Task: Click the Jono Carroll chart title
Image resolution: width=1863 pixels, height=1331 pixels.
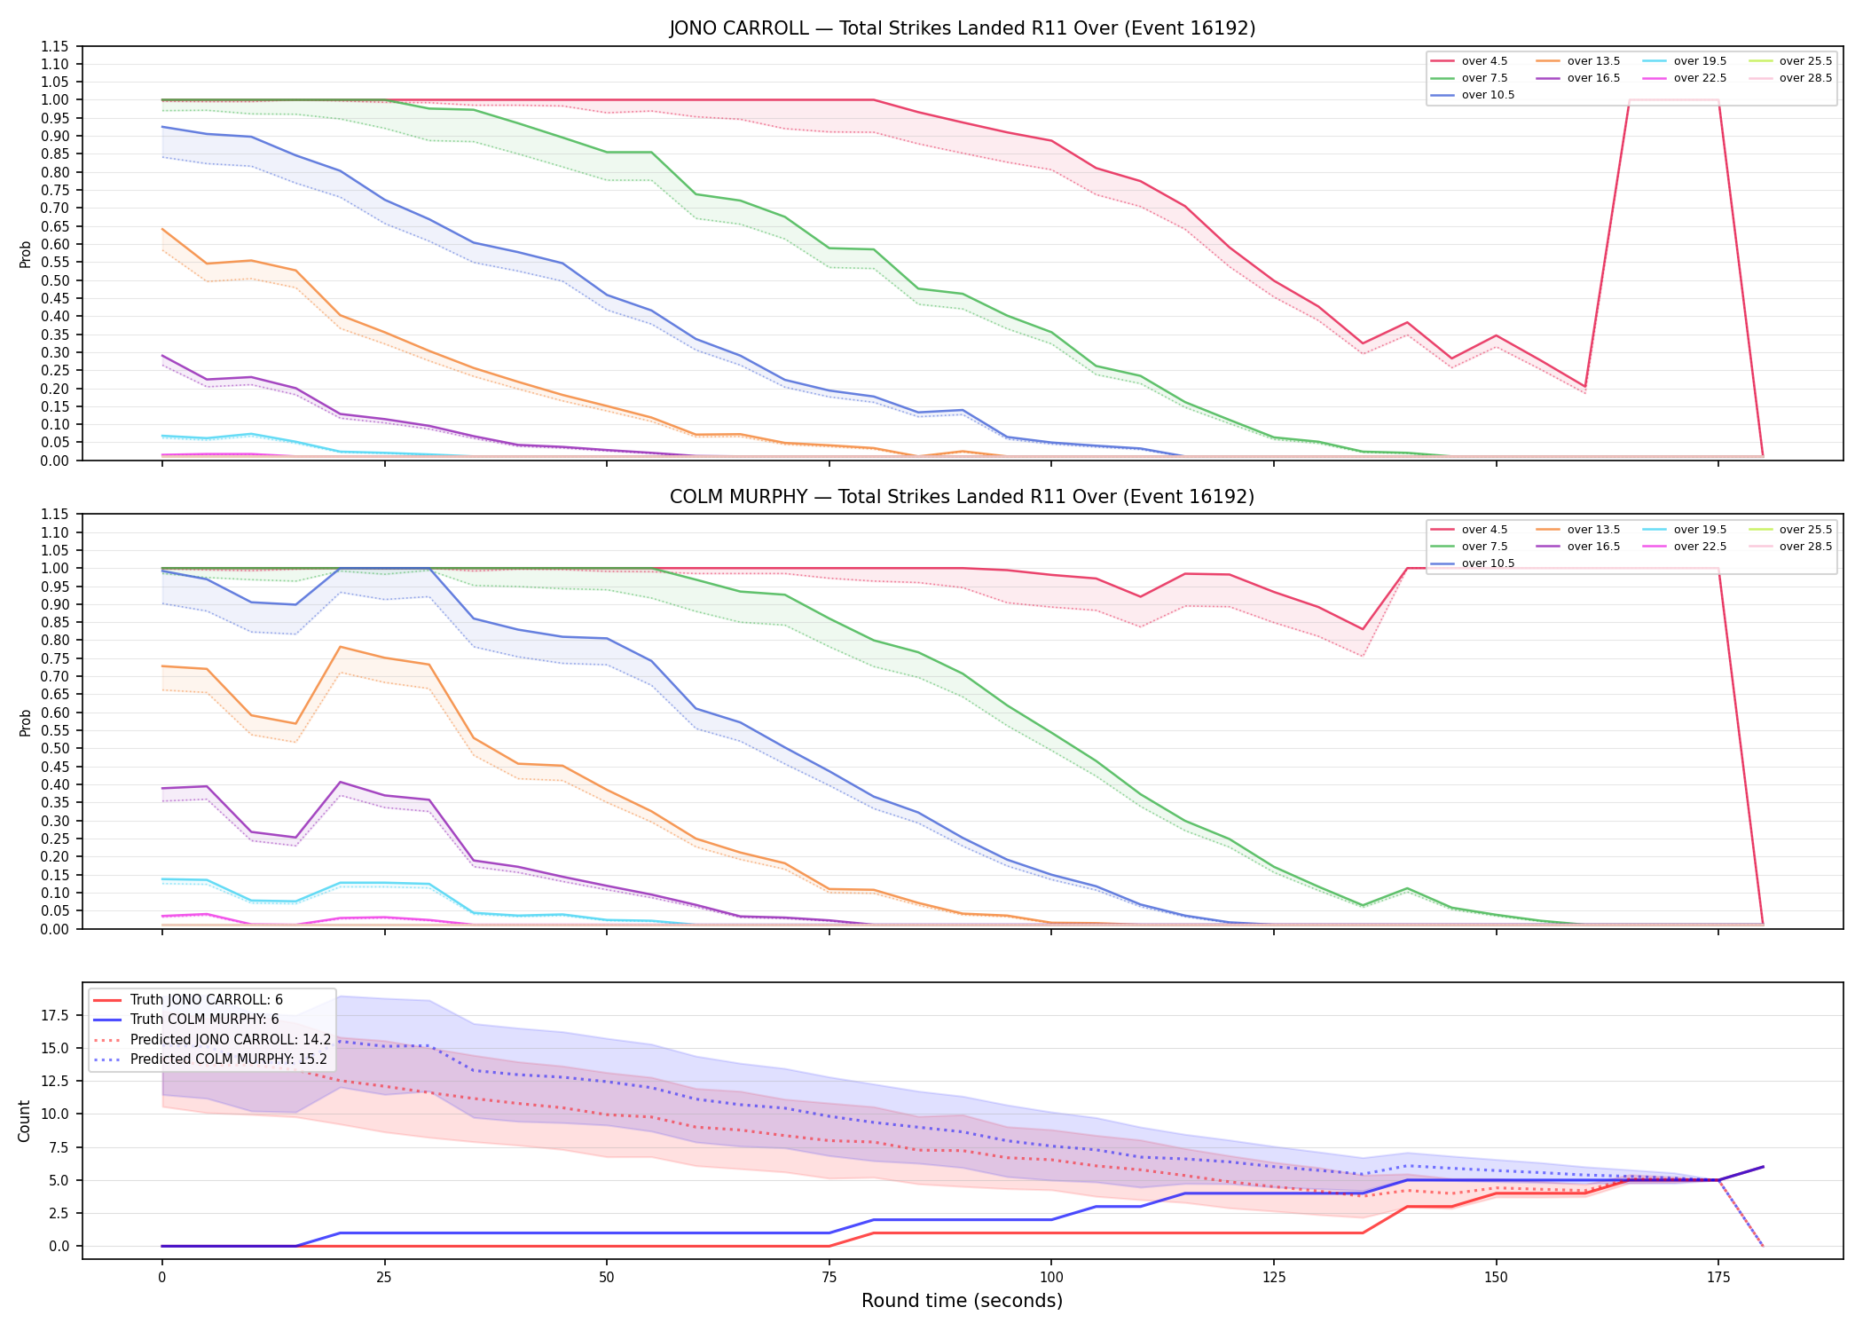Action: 962,28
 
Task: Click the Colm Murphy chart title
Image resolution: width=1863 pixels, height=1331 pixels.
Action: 962,497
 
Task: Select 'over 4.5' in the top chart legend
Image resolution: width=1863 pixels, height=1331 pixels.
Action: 1484,61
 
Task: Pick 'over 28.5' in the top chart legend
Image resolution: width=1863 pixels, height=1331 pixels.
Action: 1805,78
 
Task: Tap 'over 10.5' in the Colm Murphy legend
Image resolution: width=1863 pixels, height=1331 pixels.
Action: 1488,563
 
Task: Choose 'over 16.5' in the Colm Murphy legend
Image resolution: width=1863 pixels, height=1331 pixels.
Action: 1593,547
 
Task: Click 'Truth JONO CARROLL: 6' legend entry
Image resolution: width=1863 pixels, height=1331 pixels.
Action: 207,1000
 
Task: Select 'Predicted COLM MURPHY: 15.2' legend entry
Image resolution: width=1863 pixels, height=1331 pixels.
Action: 229,1059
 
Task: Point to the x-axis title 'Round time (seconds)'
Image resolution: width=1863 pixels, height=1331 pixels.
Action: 962,1301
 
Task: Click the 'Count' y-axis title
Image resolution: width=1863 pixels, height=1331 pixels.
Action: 24,1121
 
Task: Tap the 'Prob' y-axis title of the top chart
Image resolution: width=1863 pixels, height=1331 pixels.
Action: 25,254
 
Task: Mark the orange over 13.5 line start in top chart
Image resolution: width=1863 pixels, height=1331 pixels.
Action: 162,229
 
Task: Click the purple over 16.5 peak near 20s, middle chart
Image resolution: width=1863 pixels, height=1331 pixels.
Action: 341,782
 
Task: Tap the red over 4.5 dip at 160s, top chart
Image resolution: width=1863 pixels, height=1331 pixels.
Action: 1584,387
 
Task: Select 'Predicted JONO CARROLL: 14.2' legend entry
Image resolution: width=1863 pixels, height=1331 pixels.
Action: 231,1039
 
